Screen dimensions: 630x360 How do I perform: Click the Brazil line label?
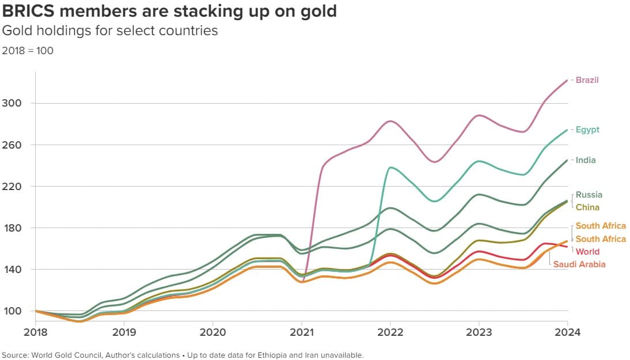[x=587, y=80]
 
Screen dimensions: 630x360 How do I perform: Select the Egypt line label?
[x=587, y=130]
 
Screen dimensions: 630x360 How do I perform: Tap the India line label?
[x=586, y=160]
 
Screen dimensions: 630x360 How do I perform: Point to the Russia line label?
[x=589, y=195]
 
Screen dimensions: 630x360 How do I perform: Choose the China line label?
[x=587, y=207]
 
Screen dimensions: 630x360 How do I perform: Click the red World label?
[x=587, y=252]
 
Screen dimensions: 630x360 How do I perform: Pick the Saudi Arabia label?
[x=579, y=264]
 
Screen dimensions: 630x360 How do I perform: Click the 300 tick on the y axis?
[x=12, y=103]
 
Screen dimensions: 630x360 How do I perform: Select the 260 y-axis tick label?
[x=12, y=145]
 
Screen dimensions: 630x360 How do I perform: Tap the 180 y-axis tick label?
[x=12, y=228]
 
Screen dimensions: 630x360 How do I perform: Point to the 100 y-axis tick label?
[x=12, y=311]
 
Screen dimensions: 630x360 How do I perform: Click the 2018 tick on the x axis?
[x=35, y=332]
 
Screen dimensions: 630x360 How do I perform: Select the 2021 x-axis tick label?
[x=301, y=332]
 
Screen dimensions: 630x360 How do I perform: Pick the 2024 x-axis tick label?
[x=567, y=332]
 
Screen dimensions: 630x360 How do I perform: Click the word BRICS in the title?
[x=28, y=11]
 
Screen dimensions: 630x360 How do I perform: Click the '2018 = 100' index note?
[x=28, y=51]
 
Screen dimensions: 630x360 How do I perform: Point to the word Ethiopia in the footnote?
[x=272, y=355]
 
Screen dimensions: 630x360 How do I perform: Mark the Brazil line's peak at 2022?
[x=390, y=121]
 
